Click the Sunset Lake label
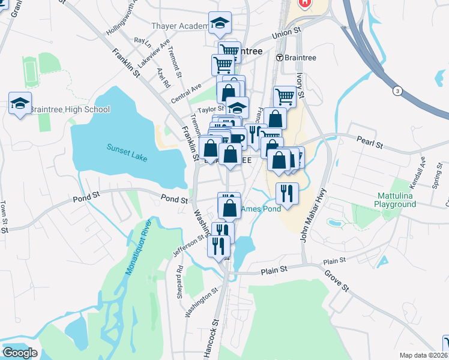(127, 148)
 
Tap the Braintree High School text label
(70, 109)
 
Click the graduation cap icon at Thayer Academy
(220, 23)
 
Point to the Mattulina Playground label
(397, 200)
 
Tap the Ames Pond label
(261, 209)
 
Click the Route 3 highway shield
(397, 91)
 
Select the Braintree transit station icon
(279, 58)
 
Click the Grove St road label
(337, 280)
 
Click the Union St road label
(286, 32)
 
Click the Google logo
(20, 353)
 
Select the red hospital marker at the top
(306, 3)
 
